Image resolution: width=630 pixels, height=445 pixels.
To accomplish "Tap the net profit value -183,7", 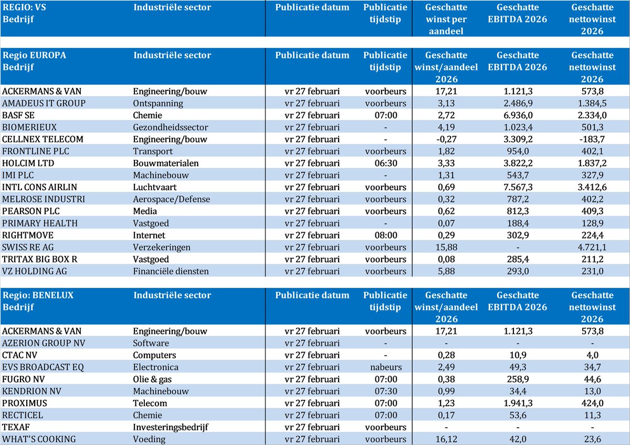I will click(x=592, y=139).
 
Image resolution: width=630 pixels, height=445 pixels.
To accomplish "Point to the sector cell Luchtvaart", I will click(x=155, y=188).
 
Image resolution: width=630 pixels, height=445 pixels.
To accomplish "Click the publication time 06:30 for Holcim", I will click(x=385, y=164).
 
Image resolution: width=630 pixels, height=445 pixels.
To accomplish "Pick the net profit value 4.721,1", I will click(x=592, y=247).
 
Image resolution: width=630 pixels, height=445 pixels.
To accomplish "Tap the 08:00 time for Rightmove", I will click(x=385, y=235).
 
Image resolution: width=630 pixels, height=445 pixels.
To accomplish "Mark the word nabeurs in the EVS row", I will click(x=385, y=367).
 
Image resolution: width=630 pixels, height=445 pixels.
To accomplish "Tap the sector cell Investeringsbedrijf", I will click(x=171, y=427).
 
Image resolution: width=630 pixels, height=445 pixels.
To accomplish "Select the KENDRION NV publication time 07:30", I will click(x=385, y=391).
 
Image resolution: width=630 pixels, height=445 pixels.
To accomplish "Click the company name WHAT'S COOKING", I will click(x=39, y=439).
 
